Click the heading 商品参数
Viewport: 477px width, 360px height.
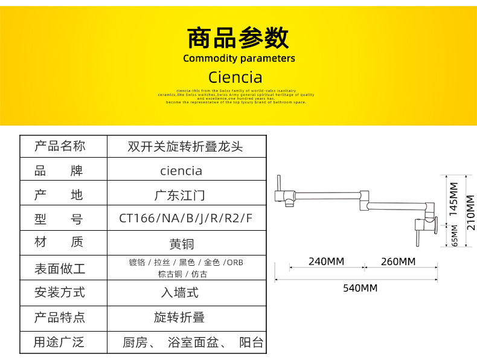pos(238,37)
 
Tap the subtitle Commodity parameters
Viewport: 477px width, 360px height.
pos(239,59)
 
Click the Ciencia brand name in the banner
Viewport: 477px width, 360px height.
pos(235,77)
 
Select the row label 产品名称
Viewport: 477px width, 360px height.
pos(60,146)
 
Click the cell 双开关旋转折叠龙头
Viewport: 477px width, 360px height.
pos(185,146)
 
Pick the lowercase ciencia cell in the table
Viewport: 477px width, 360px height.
pos(181,170)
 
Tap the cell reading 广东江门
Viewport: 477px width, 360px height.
pos(181,195)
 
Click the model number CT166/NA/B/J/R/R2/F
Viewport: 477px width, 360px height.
pos(186,219)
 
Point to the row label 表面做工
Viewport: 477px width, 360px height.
pos(60,268)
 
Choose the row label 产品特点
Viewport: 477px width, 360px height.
pos(60,318)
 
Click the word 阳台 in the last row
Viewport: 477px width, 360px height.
pos(251,343)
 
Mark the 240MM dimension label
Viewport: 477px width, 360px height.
pos(326,262)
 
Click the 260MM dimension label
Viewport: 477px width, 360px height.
pos(398,262)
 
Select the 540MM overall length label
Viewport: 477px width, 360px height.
pos(360,288)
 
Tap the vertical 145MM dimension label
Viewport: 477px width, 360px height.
pos(454,199)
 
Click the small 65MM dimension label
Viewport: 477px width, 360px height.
pos(455,236)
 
